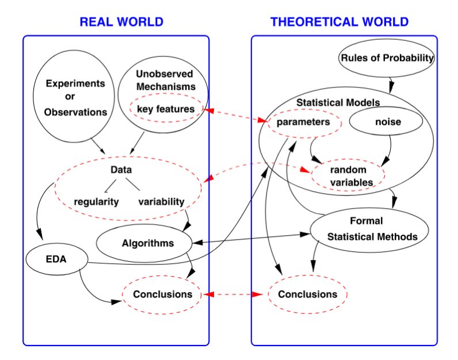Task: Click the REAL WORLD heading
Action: tap(121, 22)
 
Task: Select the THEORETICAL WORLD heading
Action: tap(339, 22)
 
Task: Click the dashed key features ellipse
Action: tap(166, 109)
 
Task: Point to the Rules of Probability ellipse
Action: tap(387, 58)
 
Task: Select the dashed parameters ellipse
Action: tap(303, 122)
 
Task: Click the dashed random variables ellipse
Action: tap(348, 176)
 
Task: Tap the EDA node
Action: tap(56, 259)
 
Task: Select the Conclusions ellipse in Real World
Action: tap(162, 294)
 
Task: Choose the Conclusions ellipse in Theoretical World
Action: tap(307, 294)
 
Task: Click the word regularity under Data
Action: tap(96, 202)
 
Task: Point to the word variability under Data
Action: tap(161, 202)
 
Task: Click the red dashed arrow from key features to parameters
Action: tap(235, 115)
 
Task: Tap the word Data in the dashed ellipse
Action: tap(121, 170)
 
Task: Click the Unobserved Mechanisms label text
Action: tap(166, 80)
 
